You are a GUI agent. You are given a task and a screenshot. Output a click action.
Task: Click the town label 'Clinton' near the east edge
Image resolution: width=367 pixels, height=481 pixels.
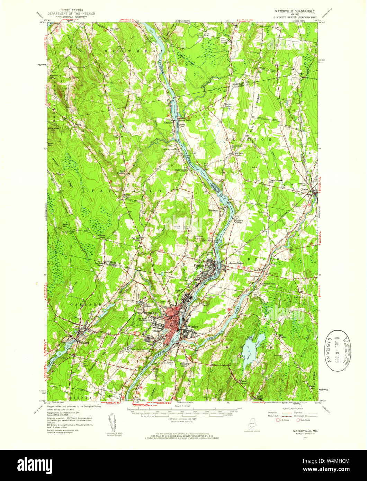(x=305, y=190)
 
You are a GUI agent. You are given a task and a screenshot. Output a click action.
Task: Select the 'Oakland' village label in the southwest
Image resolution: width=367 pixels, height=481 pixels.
(x=83, y=343)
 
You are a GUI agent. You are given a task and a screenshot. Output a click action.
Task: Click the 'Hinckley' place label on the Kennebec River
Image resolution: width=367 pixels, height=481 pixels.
(x=168, y=122)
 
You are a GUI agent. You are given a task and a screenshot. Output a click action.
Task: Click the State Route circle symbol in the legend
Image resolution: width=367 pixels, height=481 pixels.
(x=298, y=420)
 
